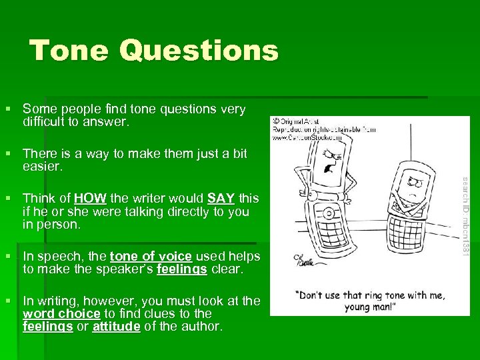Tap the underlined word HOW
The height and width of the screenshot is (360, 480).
(88, 198)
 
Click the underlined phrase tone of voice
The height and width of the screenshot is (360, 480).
(151, 257)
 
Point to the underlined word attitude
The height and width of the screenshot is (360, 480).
(117, 327)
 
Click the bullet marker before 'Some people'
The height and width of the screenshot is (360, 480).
(8, 109)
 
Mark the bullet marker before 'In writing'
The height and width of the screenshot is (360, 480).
(8, 301)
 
